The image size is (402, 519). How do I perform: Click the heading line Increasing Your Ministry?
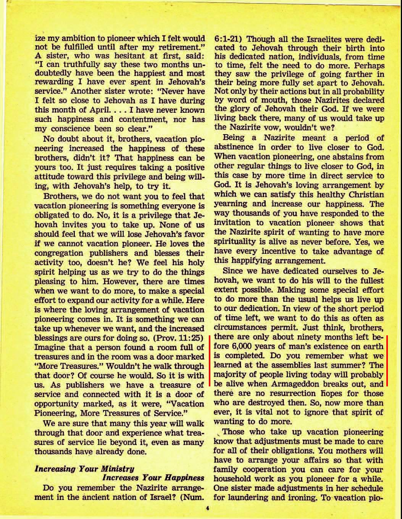point(84,469)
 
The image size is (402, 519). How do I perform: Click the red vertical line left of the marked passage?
point(209,360)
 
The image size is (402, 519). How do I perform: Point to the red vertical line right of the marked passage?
point(387,360)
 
